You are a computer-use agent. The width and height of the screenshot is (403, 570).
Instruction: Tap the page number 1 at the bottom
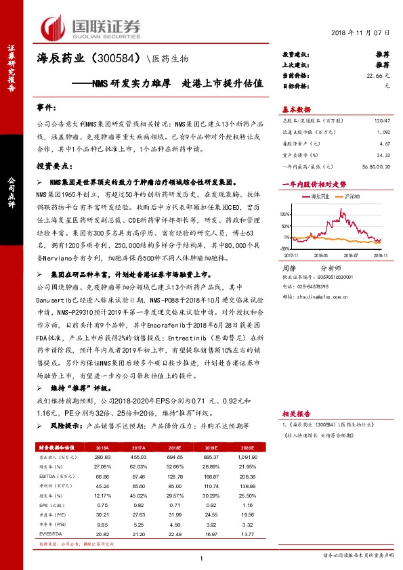202,558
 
